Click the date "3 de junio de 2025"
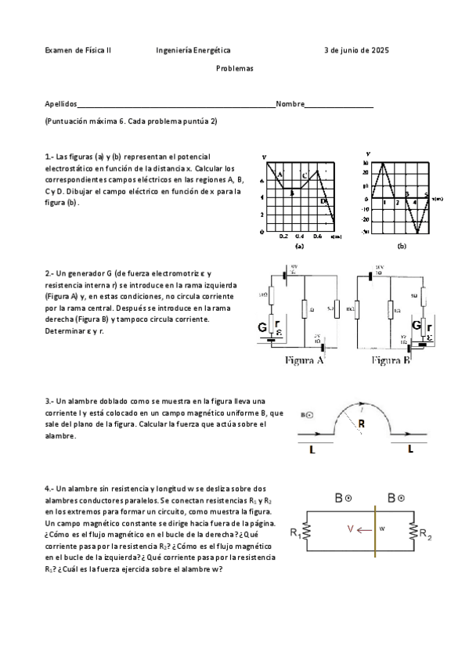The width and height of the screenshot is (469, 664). click(356, 50)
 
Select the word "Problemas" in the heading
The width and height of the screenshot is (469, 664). click(234, 68)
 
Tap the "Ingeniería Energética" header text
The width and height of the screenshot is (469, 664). click(193, 50)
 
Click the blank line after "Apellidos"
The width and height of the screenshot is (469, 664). click(176, 105)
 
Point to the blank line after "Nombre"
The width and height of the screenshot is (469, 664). click(338, 105)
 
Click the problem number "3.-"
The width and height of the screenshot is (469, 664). click(50, 400)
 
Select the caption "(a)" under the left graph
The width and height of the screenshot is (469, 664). click(298, 246)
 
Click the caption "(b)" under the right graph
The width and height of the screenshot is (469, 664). click(402, 246)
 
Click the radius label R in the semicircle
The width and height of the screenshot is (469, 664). click(360, 424)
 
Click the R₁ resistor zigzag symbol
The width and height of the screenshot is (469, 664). click(307, 532)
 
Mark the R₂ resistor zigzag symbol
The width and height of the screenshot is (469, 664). click(412, 532)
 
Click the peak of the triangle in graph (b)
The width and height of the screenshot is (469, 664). click(384, 163)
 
